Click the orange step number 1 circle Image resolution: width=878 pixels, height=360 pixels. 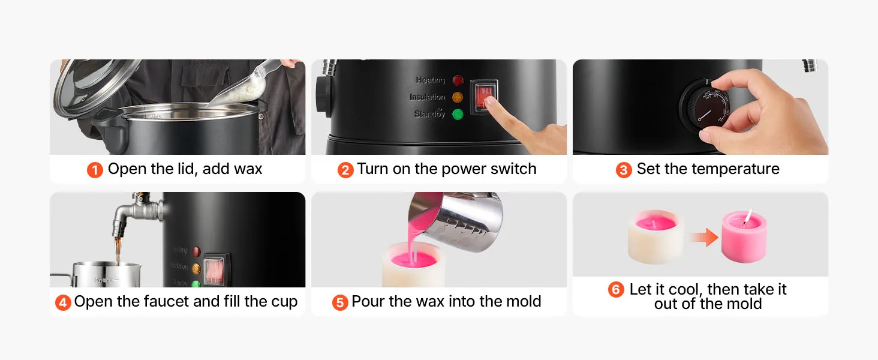(95, 170)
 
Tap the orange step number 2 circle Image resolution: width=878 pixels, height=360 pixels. (345, 170)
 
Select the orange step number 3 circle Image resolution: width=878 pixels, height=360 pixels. (624, 170)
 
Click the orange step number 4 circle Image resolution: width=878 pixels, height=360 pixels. (63, 303)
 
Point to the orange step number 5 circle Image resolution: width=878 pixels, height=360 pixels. (340, 303)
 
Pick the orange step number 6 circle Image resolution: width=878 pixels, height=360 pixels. (616, 290)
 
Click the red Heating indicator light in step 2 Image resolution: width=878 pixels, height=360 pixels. (458, 80)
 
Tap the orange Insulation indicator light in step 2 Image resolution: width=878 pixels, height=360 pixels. (458, 97)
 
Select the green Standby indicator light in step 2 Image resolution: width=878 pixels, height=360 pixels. (458, 115)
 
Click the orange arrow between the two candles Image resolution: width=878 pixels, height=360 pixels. (704, 237)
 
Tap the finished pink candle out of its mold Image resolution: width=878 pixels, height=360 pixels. (744, 236)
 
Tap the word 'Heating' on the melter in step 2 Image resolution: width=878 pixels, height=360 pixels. (431, 80)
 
